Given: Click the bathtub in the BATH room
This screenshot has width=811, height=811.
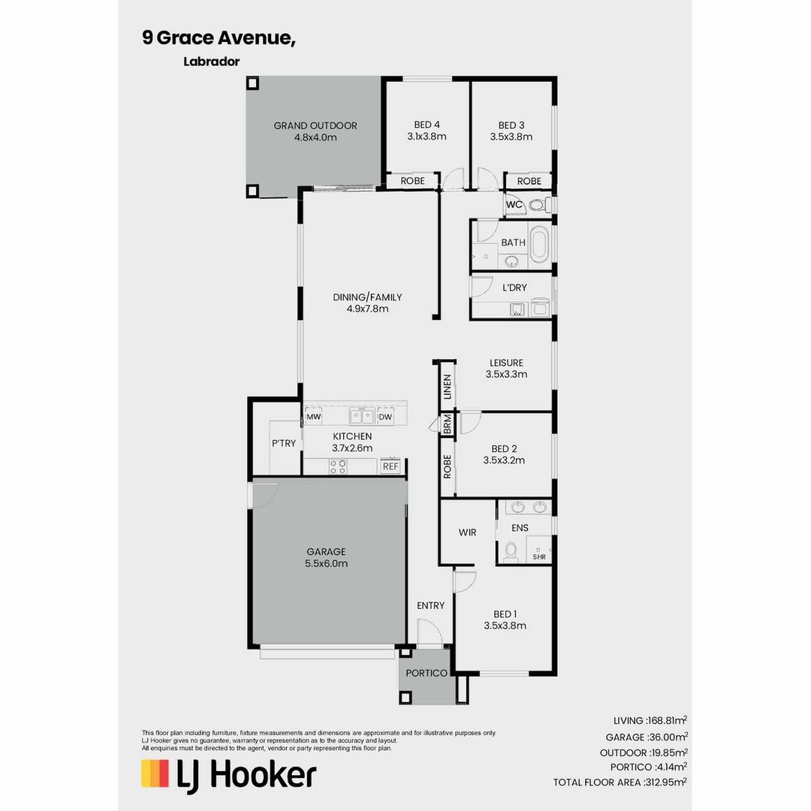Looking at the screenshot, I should [x=538, y=247].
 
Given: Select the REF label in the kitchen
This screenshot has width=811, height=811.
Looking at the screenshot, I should [x=390, y=466].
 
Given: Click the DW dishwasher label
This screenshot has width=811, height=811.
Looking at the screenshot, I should [x=385, y=417].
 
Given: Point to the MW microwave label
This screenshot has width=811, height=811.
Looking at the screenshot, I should [x=313, y=417].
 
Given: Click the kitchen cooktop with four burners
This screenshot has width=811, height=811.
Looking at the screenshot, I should [x=338, y=466].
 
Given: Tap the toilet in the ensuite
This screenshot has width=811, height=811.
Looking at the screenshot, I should [x=512, y=552].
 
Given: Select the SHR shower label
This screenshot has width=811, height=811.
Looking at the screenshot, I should [x=539, y=556].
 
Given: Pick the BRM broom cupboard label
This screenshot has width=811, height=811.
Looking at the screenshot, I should [x=448, y=424].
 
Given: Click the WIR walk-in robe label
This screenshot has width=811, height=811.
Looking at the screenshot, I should [x=467, y=532].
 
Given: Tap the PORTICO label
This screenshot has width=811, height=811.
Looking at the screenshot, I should [x=427, y=673].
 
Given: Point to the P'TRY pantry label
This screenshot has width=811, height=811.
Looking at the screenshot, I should [x=284, y=444].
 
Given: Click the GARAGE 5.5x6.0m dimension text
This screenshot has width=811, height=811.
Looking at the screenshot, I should [x=326, y=563].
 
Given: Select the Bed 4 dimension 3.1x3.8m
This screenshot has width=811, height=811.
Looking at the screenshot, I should [x=427, y=137].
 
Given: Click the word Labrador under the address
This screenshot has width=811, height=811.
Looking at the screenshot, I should [x=211, y=62].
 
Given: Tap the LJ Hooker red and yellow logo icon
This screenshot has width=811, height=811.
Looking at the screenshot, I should [x=155, y=773].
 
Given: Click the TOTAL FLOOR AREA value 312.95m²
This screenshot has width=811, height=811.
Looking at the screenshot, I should [x=667, y=782].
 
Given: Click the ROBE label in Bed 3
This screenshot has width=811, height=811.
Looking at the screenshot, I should [x=529, y=181].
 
